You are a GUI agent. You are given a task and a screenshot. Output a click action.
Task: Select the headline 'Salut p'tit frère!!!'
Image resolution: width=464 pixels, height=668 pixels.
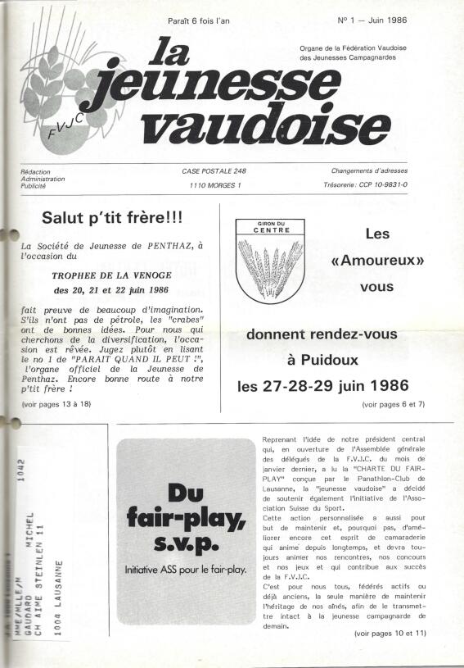[113, 219]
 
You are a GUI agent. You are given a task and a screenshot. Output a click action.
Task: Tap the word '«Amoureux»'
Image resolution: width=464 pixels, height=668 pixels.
[376, 261]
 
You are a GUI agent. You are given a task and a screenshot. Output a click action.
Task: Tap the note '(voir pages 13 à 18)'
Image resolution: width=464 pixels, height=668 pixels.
[56, 404]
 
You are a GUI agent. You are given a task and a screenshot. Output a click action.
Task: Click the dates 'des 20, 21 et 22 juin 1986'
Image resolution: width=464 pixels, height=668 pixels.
[112, 289]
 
